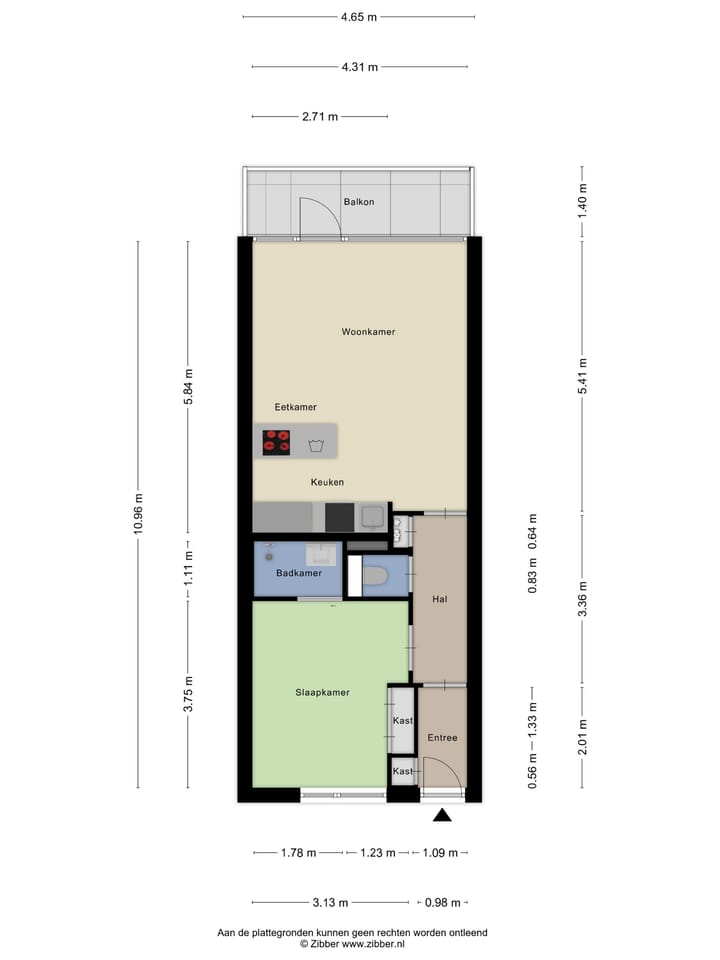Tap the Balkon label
358,202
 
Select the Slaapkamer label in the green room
322,692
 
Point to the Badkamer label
298,573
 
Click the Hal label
439,599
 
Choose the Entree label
442,738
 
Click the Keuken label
327,482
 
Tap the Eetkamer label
296,407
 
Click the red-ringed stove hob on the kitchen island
276,441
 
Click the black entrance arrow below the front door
442,817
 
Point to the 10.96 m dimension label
138,514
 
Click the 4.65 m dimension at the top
359,17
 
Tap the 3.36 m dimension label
583,600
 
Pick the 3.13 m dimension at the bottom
330,902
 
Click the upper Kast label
403,720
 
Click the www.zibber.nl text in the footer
375,943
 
